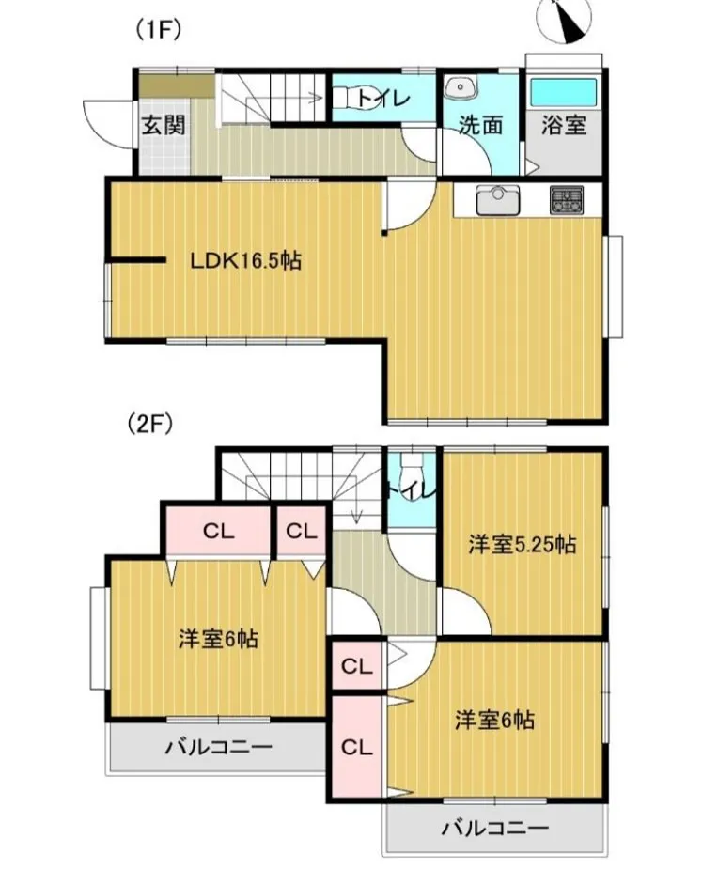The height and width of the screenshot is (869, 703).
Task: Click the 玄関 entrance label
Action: pos(163,125)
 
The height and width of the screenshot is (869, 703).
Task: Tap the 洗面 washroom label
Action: pos(480,126)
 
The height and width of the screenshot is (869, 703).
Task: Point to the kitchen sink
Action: pos(496,199)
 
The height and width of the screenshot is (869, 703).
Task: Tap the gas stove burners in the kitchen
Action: pos(567,198)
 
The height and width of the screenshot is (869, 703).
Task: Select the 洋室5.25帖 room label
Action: pos(523,544)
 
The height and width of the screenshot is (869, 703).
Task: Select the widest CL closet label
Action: pos(218,531)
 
